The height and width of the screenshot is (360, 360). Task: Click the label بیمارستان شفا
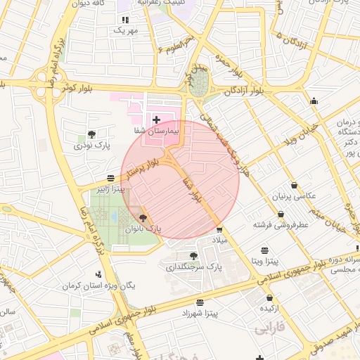pos(158,131)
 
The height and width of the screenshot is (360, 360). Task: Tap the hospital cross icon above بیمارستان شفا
pos(156,120)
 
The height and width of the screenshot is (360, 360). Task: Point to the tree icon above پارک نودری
pos(92,134)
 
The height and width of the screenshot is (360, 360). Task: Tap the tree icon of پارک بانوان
pos(143,219)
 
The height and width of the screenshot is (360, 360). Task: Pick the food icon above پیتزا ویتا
pos(264,250)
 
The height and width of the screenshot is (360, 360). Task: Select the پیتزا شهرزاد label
pos(200,311)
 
